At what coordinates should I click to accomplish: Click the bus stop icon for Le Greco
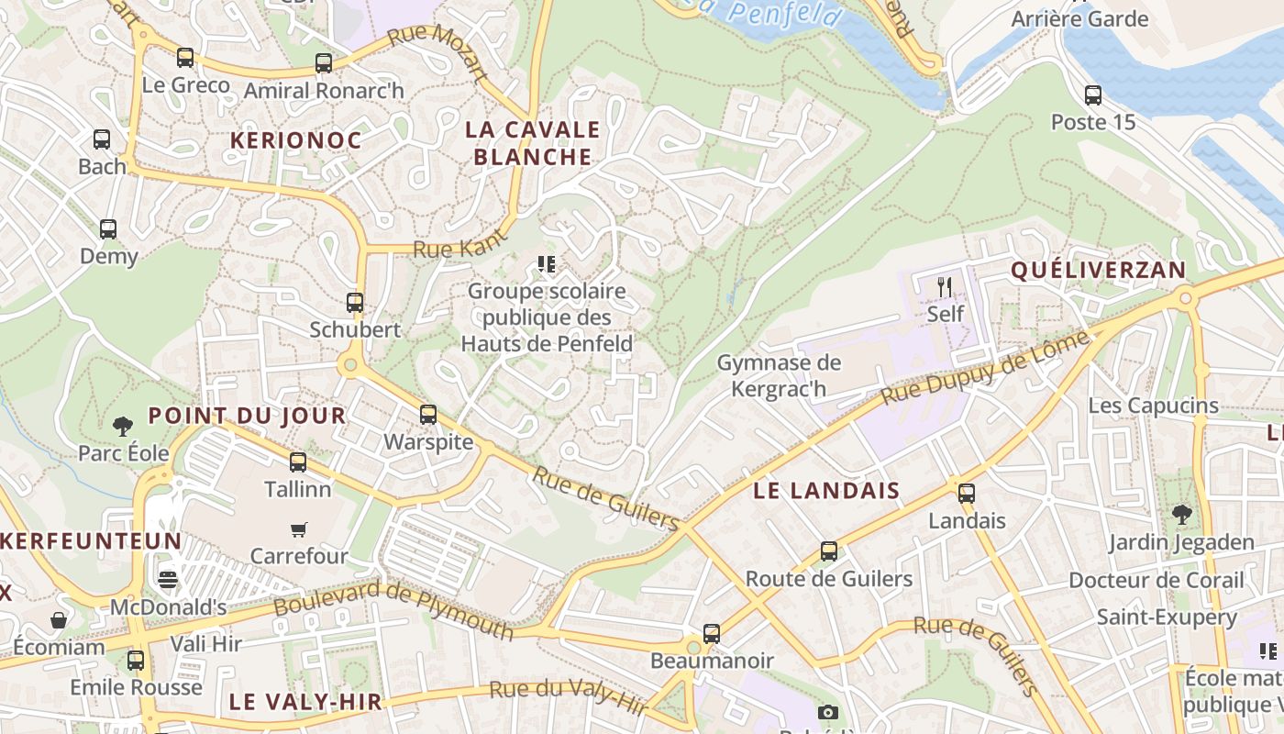185,58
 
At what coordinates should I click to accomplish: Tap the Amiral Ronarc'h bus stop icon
323,63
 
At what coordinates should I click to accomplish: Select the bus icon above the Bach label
102,139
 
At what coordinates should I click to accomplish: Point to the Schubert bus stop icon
355,302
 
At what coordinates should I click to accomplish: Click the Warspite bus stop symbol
428,415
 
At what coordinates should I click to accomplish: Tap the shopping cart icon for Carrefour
299,529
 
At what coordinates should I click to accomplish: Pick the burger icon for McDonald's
167,580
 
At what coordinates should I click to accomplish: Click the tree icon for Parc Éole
123,426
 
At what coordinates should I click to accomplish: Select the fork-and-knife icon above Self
946,286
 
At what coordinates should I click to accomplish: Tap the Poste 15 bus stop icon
1093,95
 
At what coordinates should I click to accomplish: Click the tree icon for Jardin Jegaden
1182,515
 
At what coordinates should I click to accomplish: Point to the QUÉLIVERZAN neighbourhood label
1098,271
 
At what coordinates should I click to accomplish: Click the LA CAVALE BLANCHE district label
533,143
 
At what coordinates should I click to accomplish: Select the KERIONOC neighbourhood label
295,140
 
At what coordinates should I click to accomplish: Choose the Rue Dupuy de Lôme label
986,369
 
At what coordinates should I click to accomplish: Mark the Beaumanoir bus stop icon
712,633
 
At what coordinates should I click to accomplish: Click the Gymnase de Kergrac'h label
778,375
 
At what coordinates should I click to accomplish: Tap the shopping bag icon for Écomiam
59,620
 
